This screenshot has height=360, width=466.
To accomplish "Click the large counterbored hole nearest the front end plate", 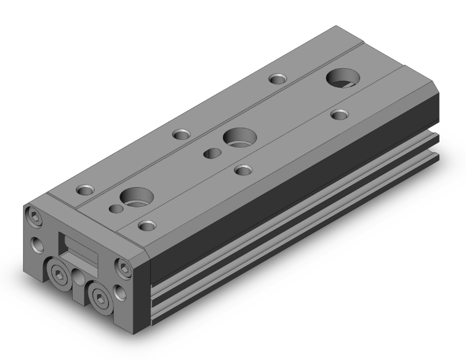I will coord(136,198).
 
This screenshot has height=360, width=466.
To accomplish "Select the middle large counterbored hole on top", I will coord(239,136).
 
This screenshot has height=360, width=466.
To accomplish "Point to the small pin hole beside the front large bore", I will coord(114,208).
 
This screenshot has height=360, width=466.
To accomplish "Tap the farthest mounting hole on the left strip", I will coord(277,79).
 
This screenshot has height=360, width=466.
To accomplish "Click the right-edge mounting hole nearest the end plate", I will coord(147,225).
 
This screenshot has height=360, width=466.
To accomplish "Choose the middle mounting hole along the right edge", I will coord(242,168).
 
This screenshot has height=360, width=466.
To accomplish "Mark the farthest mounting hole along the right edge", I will coord(339,114).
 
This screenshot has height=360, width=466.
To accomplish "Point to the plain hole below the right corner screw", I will coord(120,291).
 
